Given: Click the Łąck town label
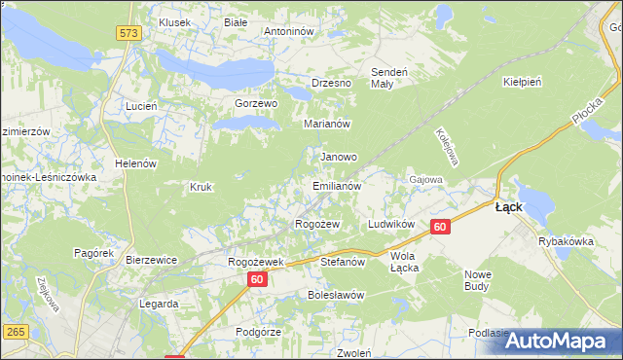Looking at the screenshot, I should (510, 207).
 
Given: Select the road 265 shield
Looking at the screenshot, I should (15, 334).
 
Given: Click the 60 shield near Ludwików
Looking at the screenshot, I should (440, 227).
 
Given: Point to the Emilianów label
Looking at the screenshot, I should (337, 185).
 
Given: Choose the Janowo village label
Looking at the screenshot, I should (339, 156).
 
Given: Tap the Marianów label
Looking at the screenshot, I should (327, 125).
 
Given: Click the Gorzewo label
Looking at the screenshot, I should (256, 103).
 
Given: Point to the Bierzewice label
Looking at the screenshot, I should (151, 260).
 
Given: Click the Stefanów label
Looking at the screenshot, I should (343, 262).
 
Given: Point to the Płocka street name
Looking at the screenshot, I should (587, 122).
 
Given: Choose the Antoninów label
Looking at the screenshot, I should (289, 31).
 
